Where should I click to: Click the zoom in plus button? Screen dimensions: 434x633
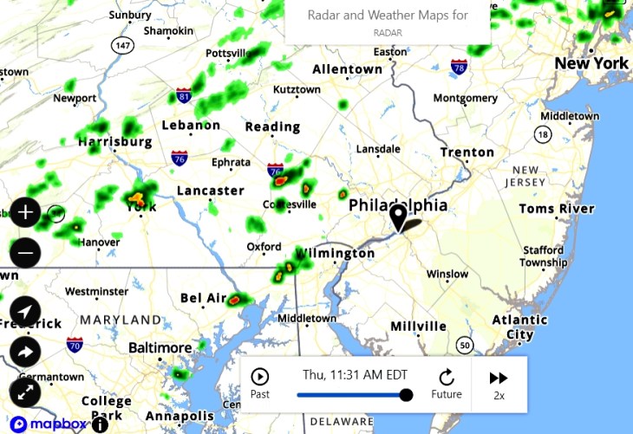[25, 212]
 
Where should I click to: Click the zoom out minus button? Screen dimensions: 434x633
[25, 254]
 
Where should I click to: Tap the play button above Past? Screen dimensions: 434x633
[259, 377]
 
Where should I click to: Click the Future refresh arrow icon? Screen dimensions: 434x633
[447, 377]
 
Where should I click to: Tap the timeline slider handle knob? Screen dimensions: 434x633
[406, 395]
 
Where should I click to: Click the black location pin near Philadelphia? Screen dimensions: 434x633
[398, 217]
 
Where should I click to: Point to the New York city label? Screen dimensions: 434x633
[591, 63]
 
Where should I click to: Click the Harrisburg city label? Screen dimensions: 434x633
[114, 141]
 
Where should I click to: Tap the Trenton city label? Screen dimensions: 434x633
[467, 152]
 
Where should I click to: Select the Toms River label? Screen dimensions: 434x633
[557, 209]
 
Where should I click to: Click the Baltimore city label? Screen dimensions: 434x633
[160, 347]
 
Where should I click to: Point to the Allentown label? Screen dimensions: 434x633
[347, 69]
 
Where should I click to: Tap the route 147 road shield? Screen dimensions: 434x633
[122, 44]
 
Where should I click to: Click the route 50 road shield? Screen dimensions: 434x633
[466, 346]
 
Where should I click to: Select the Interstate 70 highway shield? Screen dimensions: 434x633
[75, 345]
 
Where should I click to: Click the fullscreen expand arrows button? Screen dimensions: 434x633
[25, 392]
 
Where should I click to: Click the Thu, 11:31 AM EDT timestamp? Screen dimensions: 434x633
[355, 375]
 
